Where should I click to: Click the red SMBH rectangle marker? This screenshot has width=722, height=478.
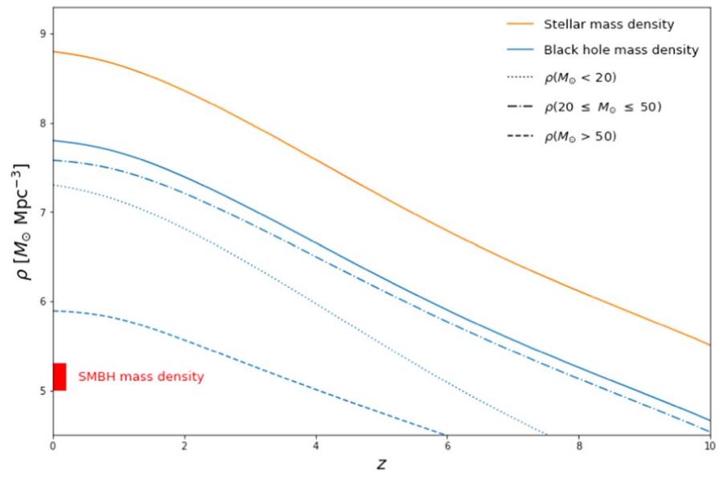pyautogui.click(x=59, y=377)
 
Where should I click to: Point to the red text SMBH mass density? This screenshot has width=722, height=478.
pyautogui.click(x=140, y=377)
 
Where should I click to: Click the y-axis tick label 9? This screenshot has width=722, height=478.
pyautogui.click(x=43, y=34)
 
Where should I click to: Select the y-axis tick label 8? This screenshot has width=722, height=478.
pyautogui.click(x=43, y=124)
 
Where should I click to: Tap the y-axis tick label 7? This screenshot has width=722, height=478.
pyautogui.click(x=43, y=213)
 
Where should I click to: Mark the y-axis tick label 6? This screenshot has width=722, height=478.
pyautogui.click(x=43, y=302)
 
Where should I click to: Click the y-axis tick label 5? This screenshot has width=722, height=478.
pyautogui.click(x=43, y=391)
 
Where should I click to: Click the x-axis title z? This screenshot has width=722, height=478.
pyautogui.click(x=382, y=464)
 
